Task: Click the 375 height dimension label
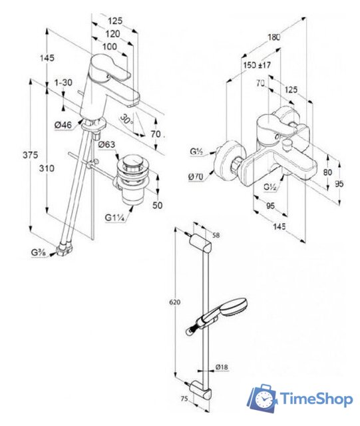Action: [30, 155]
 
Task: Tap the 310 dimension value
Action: [47, 168]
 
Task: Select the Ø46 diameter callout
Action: [63, 125]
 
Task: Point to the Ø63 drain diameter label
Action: [106, 144]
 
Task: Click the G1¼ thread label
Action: [114, 218]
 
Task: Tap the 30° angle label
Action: [126, 119]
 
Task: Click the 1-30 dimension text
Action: [63, 82]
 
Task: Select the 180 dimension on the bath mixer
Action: [273, 37]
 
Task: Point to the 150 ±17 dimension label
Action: [257, 65]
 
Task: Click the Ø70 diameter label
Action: [196, 176]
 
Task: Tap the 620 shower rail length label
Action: [175, 302]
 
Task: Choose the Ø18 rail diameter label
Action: [222, 367]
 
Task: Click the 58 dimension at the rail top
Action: [216, 235]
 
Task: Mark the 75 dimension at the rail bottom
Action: [184, 399]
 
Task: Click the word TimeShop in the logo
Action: [317, 399]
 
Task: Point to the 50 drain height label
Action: [157, 205]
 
